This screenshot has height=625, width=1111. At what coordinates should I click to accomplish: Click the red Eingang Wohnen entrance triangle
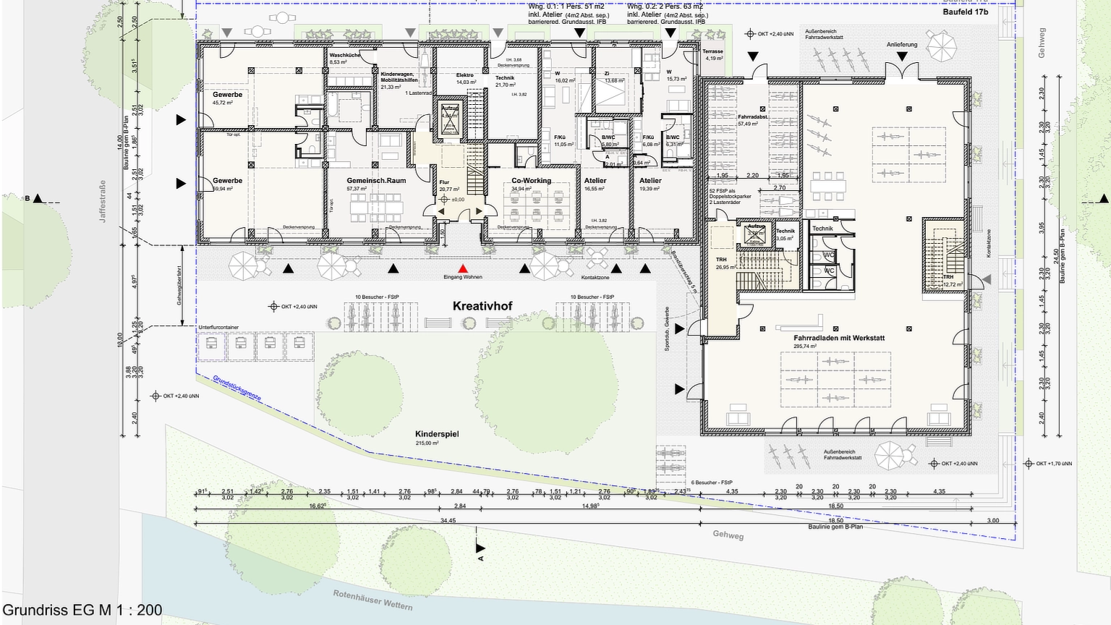pos(463,269)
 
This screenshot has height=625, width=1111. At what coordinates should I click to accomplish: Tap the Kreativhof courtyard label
pos(482,306)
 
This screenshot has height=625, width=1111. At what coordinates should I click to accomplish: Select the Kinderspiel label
pos(437,434)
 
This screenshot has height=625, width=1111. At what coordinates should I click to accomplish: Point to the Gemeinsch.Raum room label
pos(376,181)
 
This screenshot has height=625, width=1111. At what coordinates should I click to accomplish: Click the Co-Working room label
pos(531,181)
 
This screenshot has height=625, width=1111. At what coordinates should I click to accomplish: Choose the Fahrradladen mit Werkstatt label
pos(839,338)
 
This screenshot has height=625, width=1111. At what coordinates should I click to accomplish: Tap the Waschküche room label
pos(344,55)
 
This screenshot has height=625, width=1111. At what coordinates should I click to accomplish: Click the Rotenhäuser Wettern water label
pos(373,600)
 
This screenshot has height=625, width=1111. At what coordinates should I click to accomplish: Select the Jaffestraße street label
pos(103,201)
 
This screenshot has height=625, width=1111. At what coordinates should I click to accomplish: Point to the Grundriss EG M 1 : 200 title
pos(82,610)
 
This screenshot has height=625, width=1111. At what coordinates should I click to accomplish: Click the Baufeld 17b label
pos(965,12)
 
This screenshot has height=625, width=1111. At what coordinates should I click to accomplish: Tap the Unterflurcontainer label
pos(218,328)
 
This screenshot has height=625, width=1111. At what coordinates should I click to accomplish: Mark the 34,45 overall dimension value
pos(448,521)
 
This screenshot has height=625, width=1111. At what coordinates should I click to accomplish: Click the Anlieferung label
pos(902,45)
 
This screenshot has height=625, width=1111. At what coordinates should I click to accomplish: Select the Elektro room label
pos(464,75)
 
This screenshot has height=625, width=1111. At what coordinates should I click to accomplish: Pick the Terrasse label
pos(712,51)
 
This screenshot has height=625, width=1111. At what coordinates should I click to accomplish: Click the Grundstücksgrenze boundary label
pos(237,388)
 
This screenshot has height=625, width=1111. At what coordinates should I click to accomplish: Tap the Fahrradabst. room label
pos(753,116)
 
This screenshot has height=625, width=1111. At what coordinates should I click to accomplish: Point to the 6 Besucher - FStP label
pos(712,482)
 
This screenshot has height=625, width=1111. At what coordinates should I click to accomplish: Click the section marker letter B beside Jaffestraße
pos(27,198)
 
